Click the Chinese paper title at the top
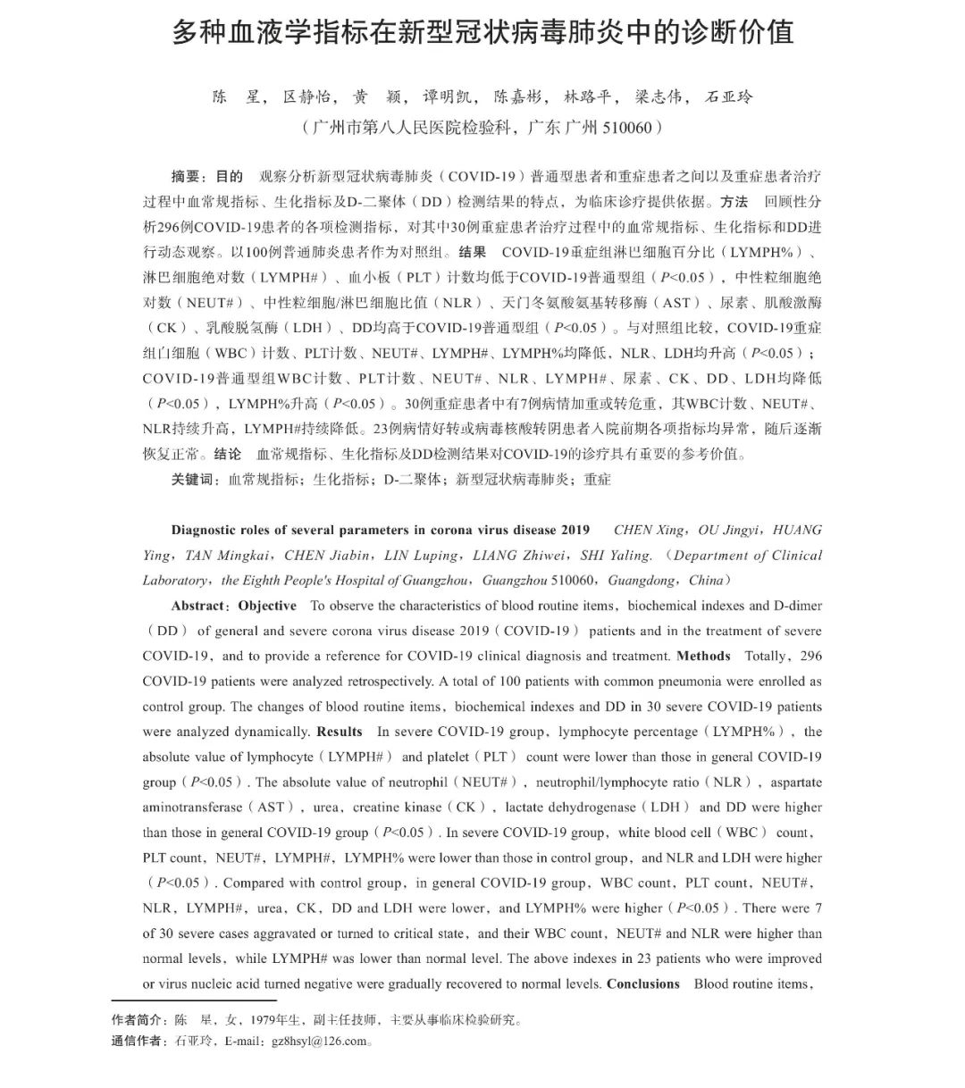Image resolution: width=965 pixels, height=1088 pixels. point(482,32)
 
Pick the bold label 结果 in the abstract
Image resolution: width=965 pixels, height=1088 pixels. point(472,252)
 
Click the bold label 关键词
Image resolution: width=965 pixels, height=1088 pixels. point(193,480)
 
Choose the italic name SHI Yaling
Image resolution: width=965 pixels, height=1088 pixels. point(616,556)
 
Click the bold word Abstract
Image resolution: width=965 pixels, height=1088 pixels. point(200,606)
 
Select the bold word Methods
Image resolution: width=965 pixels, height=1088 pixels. point(703,656)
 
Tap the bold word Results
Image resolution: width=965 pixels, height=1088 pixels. point(339,732)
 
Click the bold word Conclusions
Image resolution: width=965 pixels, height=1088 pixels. point(642,984)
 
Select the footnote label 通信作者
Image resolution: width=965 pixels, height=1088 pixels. point(137,1042)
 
